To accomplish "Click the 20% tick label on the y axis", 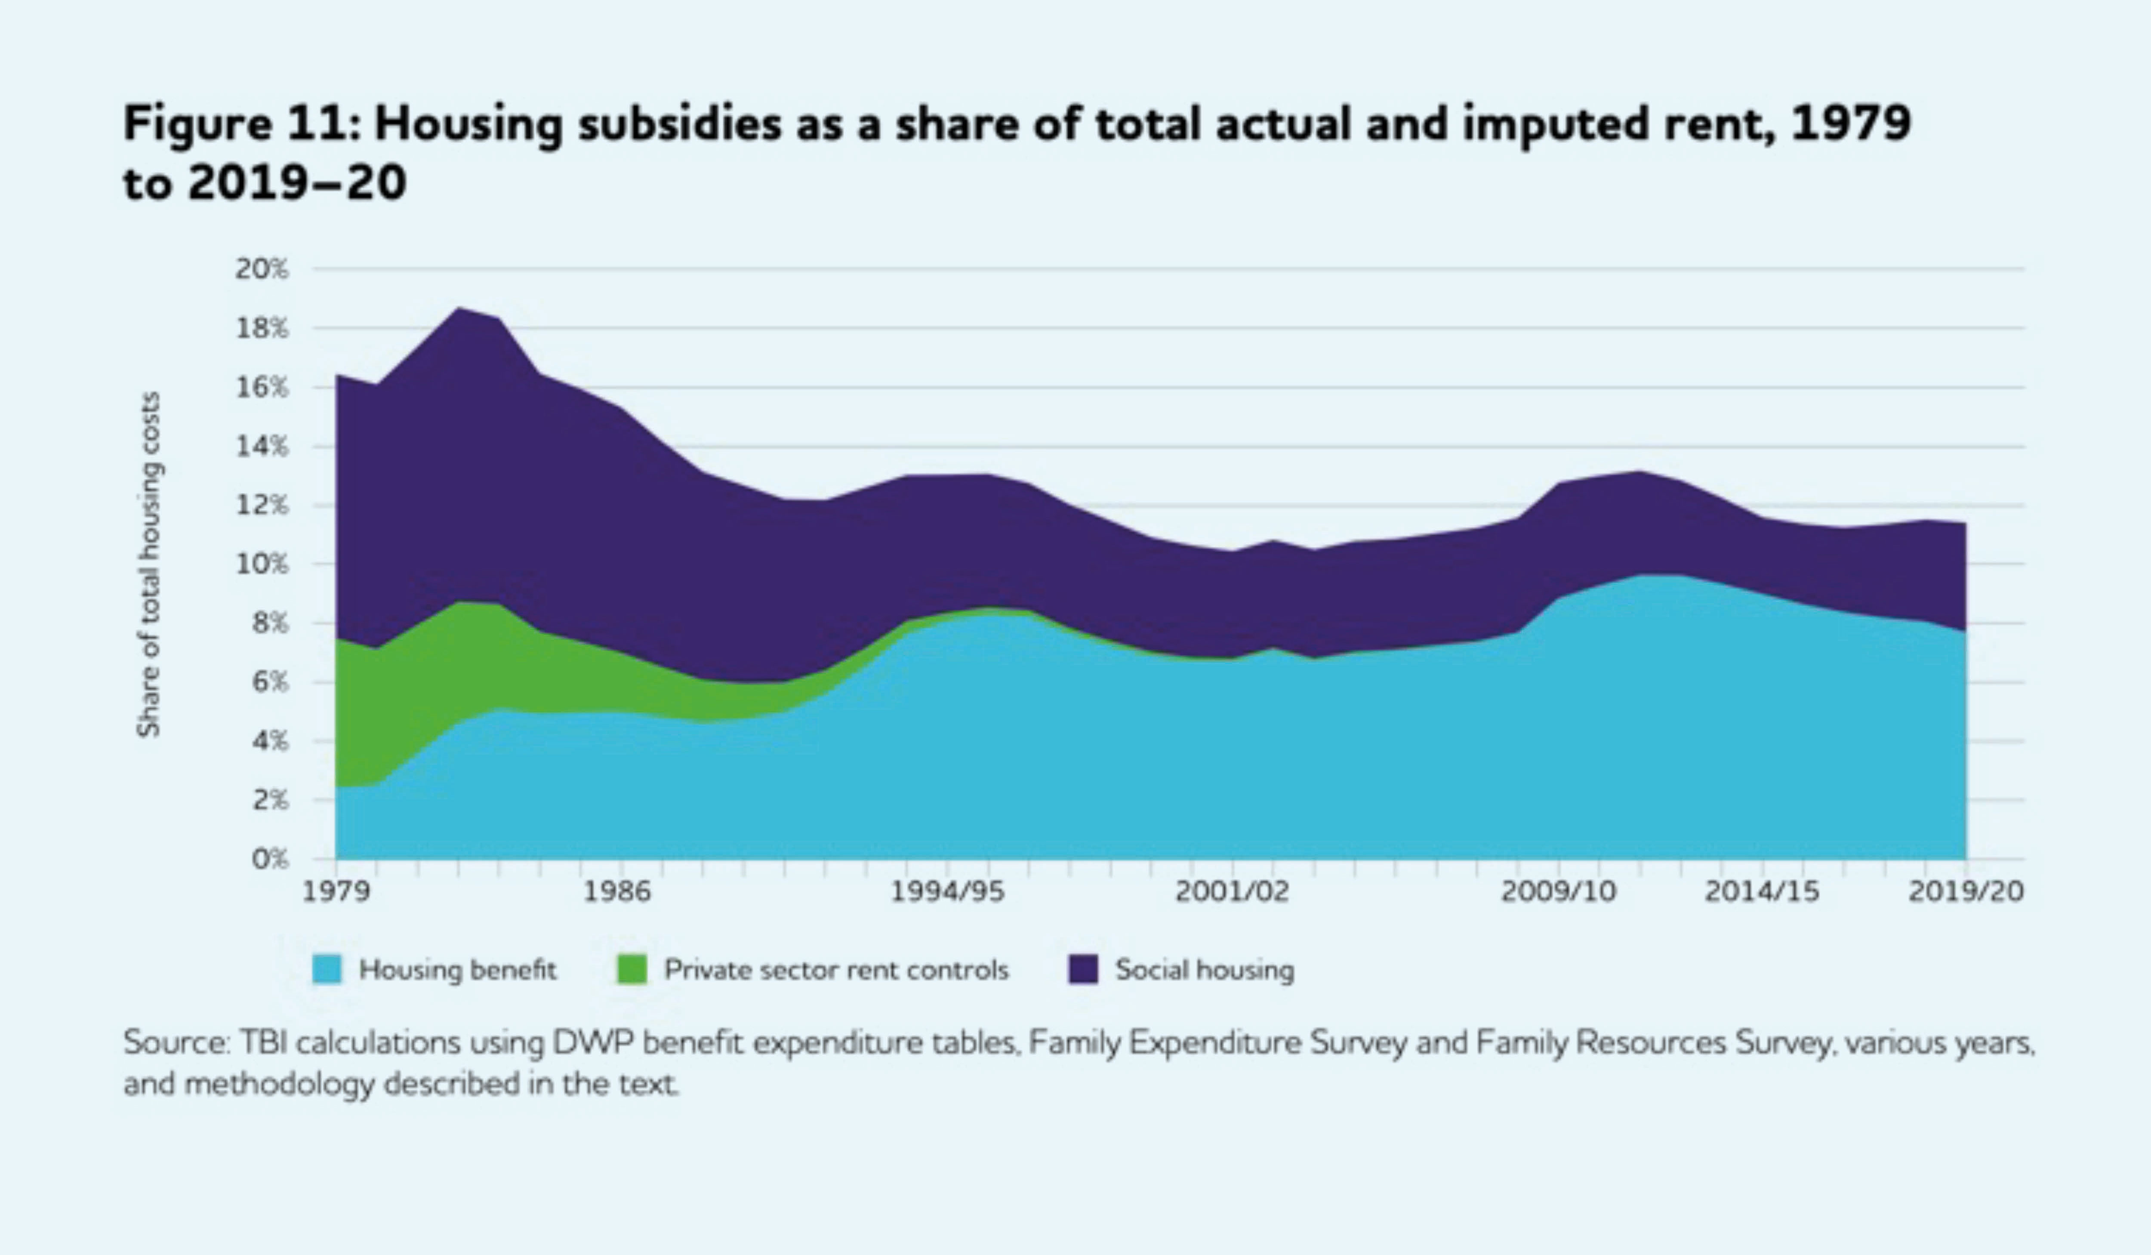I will point(262,270).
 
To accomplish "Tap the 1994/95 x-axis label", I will point(947,891).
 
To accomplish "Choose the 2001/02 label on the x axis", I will point(1232,891).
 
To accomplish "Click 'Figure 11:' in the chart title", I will point(241,124).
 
